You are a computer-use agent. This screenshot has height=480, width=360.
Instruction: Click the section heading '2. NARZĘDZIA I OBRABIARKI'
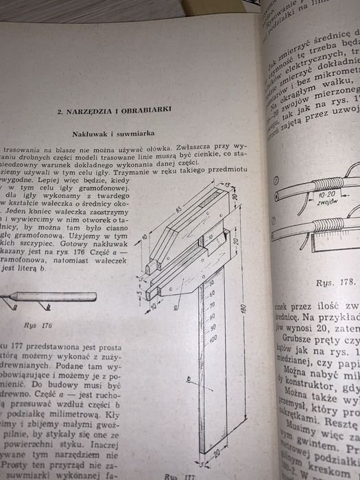pyautogui.click(x=110, y=110)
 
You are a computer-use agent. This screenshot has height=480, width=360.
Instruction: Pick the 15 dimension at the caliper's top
pyautogui.click(x=227, y=184)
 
